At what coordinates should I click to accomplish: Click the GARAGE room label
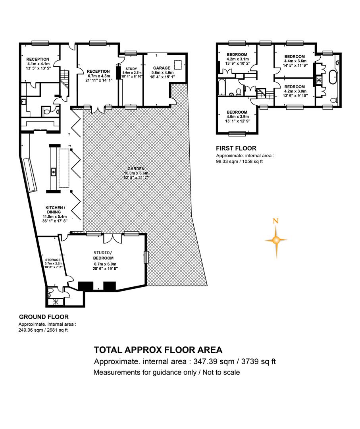click(x=162, y=68)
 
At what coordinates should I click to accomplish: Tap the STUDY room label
click(x=131, y=69)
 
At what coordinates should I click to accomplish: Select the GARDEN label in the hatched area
click(x=136, y=169)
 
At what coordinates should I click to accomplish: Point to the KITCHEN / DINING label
click(x=55, y=210)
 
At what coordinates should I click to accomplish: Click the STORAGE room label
click(x=53, y=260)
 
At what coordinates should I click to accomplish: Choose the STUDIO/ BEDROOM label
click(x=103, y=255)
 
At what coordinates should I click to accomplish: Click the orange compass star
click(x=276, y=240)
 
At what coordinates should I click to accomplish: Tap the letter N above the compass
click(x=276, y=221)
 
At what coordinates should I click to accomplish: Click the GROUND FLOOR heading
click(x=44, y=317)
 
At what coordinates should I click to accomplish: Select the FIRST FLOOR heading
click(x=236, y=148)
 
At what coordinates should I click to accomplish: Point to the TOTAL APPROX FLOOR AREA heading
click(x=158, y=350)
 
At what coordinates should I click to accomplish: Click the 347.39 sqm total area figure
click(x=214, y=362)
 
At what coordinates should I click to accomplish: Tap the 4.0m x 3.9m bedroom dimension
click(x=237, y=116)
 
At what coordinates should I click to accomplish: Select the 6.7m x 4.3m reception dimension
click(x=99, y=76)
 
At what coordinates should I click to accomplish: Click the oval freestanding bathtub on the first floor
click(x=333, y=77)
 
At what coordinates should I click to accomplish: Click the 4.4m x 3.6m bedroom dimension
click(x=295, y=61)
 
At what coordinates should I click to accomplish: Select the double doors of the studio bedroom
click(x=113, y=238)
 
